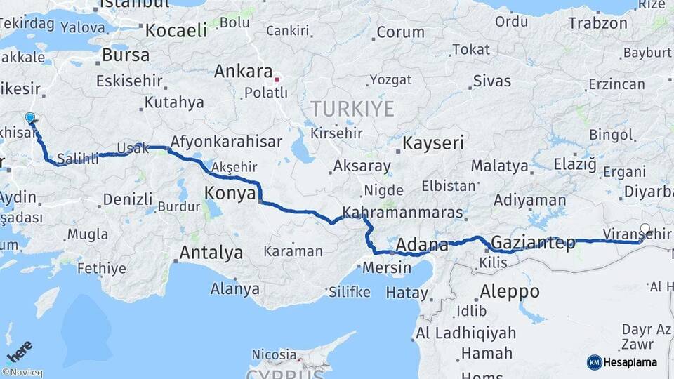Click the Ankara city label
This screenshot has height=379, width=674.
coord(243,71)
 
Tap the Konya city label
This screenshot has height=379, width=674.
coord(230,194)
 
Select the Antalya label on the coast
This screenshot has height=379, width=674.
coord(211,252)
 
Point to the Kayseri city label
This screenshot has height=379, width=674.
coord(432,144)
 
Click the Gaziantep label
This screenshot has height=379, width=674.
coord(533,243)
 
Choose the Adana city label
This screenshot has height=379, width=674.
coord(422,245)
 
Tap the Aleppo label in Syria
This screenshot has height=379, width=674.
coord(510,291)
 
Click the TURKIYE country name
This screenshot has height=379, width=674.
coord(352,109)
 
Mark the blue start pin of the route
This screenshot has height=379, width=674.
coord(30,119)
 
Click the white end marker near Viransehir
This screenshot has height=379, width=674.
coord(645,229)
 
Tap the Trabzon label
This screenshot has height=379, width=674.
coord(597,23)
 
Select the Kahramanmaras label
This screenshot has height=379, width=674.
coord(403,212)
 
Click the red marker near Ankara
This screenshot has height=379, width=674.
coord(277,79)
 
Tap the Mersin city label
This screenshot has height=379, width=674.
coord(387,267)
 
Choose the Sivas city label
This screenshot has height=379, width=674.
coord(491,80)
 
